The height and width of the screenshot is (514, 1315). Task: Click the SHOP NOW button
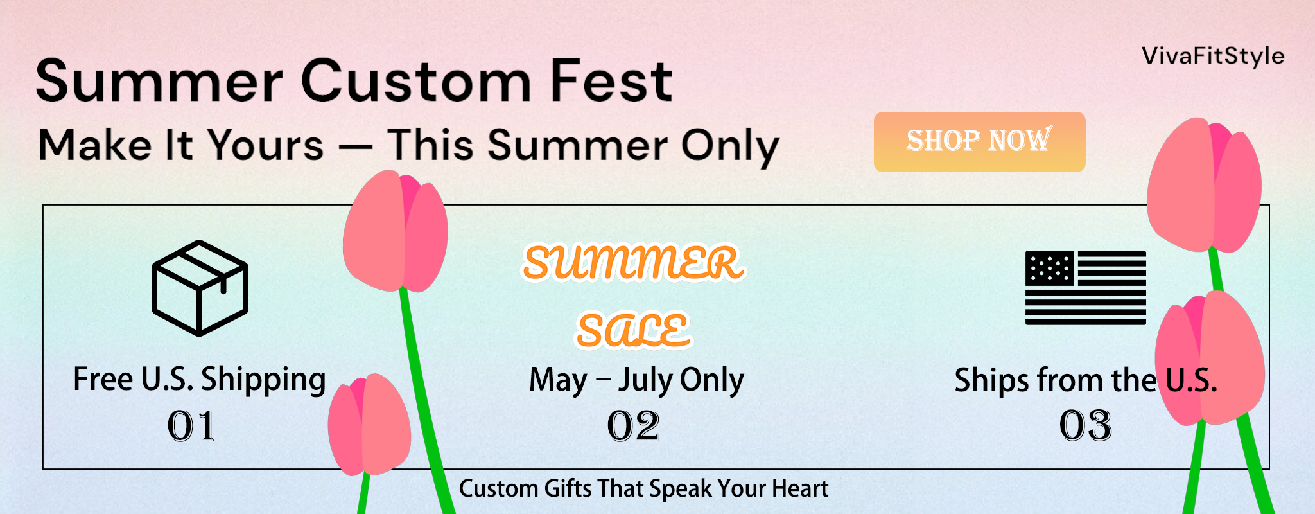pos(979,142)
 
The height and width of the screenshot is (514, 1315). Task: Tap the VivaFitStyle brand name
pos(1213,57)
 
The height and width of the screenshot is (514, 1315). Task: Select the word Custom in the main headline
pos(416,81)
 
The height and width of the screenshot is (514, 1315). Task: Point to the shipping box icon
pos(200,288)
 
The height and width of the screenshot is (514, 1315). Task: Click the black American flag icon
pos(1086,287)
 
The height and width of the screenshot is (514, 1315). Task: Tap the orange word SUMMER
pos(633,262)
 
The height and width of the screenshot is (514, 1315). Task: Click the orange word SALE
pos(633,330)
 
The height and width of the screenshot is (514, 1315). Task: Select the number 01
pos(191,427)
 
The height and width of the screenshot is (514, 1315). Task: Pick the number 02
pos(633,427)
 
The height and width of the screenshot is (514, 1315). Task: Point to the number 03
pos(1085,426)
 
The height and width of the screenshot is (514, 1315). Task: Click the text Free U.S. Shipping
pos(200,379)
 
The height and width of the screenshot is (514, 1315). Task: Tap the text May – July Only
pos(636,380)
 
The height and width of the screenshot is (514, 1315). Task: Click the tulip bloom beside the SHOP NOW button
pos(1205,186)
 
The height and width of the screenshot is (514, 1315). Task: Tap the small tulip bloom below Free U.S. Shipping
pos(369,425)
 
